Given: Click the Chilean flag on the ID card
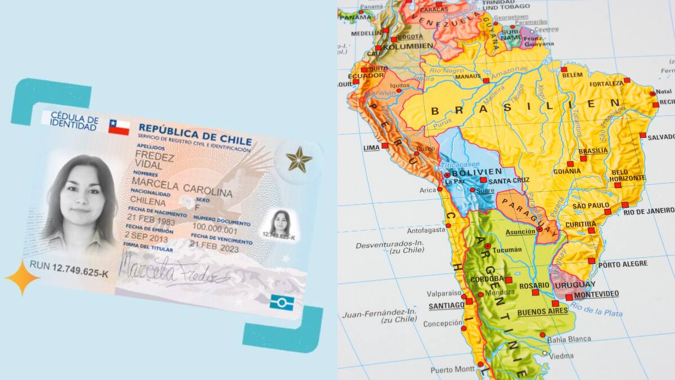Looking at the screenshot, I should [x=119, y=127].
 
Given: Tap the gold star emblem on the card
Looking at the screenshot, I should [x=299, y=159].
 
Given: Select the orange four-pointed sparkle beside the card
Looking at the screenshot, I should [x=22, y=278].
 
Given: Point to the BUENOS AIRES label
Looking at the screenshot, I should [x=542, y=311].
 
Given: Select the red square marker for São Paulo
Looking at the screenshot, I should [x=607, y=212].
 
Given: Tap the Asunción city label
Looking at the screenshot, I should [x=520, y=232].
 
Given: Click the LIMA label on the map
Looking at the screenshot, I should [x=372, y=148].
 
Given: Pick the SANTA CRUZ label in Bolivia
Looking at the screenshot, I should [x=509, y=181].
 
